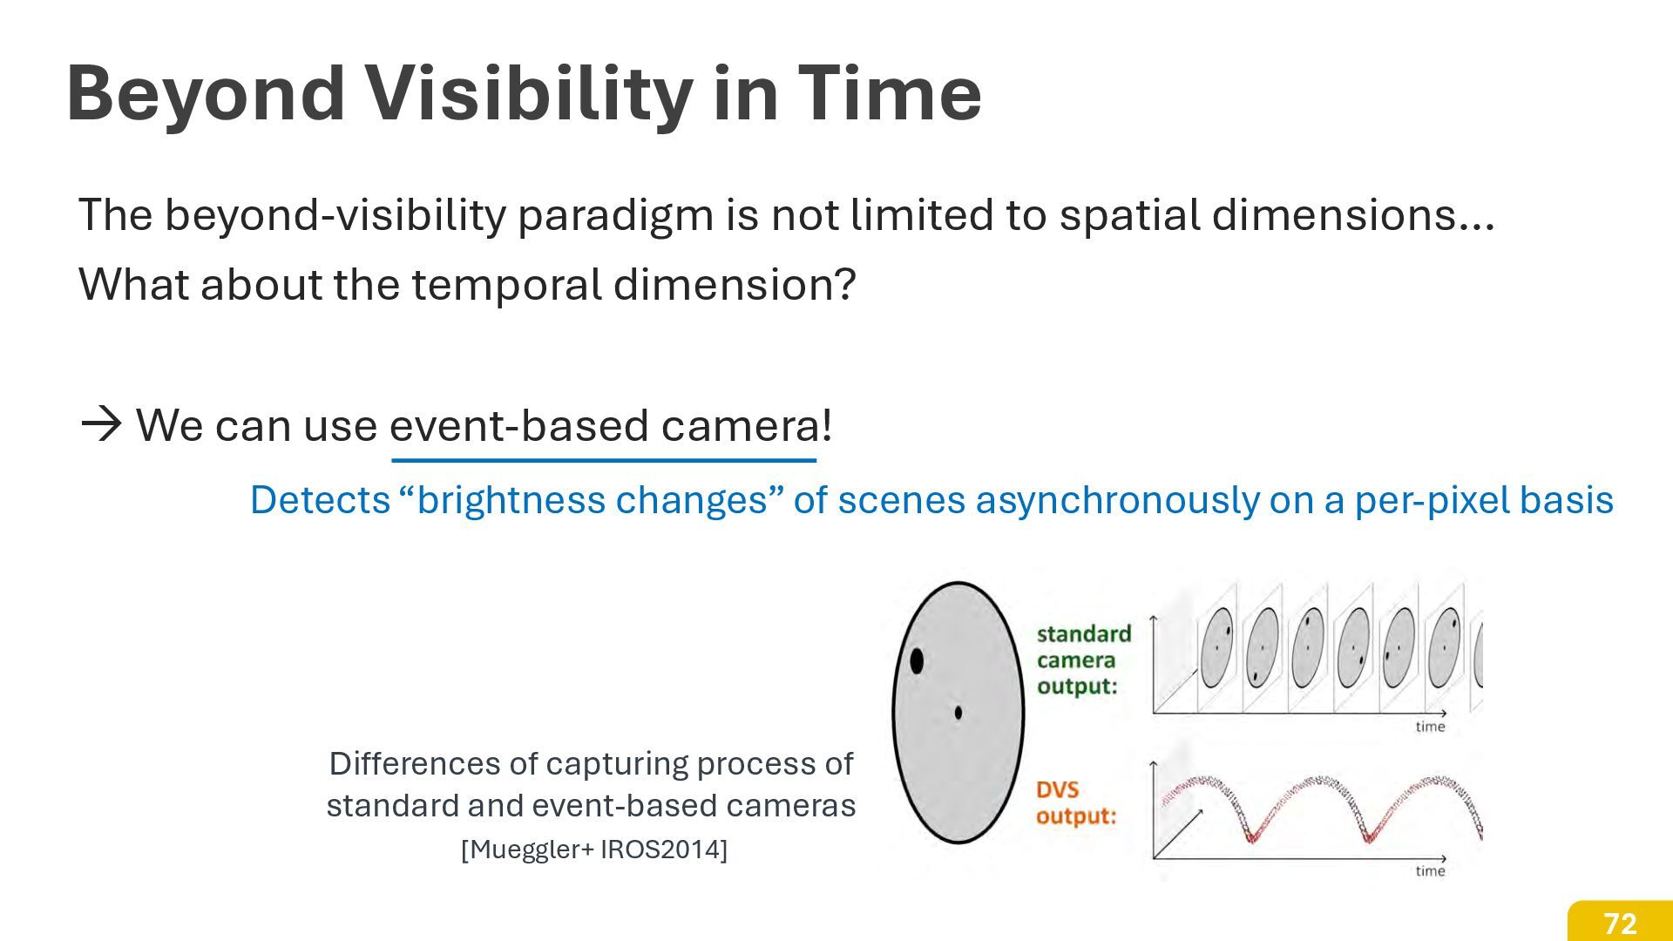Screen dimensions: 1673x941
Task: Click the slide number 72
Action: tap(1620, 924)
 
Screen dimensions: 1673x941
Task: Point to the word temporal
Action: tap(506, 285)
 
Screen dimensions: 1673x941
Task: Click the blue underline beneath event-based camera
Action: tap(604, 460)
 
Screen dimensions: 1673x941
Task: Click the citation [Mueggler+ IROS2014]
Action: tap(593, 849)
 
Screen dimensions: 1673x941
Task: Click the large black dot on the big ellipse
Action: tap(917, 660)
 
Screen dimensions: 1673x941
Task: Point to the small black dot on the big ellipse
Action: tap(958, 713)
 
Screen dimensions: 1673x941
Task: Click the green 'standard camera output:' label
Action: tap(1083, 660)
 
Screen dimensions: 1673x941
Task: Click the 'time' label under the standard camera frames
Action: tap(1430, 727)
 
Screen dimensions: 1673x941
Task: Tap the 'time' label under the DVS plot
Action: tap(1430, 870)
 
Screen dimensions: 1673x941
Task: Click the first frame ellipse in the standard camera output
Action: tap(1217, 648)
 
